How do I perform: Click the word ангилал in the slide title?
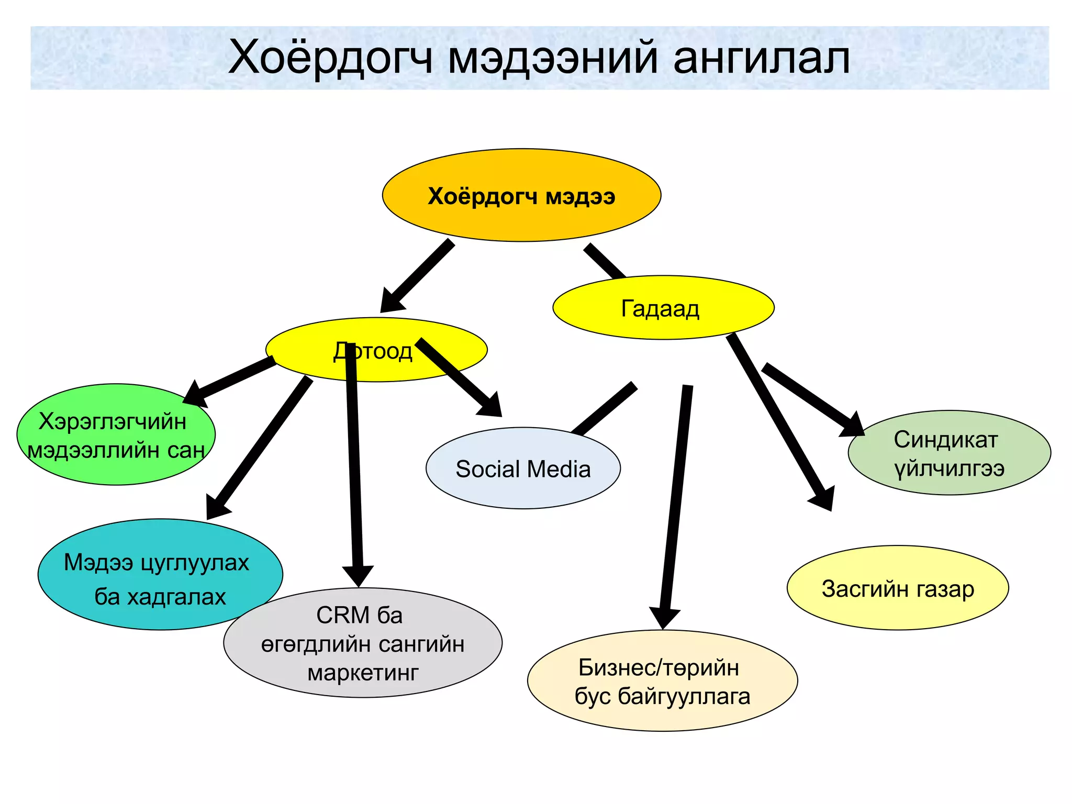pyautogui.click(x=762, y=58)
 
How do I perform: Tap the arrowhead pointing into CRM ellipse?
pyautogui.click(x=358, y=575)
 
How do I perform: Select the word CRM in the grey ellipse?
pyautogui.click(x=342, y=615)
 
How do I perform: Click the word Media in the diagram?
pyautogui.click(x=560, y=469)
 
